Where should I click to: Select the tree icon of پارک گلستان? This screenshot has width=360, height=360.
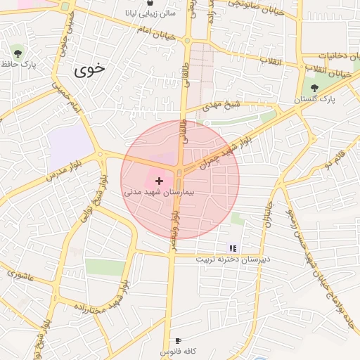pos(314,88)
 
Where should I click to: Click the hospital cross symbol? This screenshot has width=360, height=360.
pos(158,181)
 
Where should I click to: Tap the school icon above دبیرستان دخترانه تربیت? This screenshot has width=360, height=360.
pos(233,248)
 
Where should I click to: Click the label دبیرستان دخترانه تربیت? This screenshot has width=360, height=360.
pos(233,259)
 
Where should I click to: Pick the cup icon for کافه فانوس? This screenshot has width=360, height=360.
pos(177,340)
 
